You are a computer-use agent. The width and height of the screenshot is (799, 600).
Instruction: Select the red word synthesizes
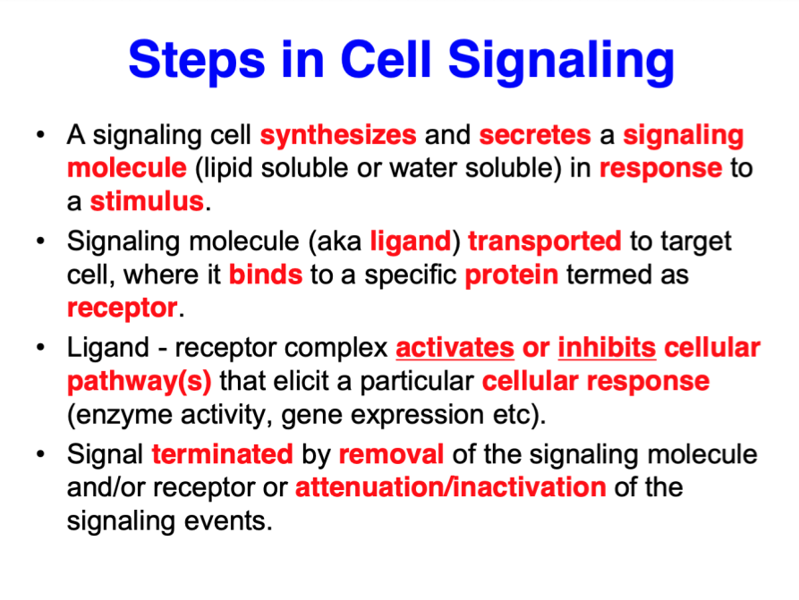tap(338, 136)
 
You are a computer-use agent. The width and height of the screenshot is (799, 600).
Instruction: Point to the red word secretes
tap(535, 136)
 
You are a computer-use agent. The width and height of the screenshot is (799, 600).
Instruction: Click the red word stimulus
tap(148, 201)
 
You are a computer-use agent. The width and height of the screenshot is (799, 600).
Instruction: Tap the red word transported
tap(544, 241)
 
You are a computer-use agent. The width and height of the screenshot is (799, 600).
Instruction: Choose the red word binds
tap(266, 275)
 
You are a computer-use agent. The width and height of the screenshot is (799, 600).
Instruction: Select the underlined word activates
tap(455, 347)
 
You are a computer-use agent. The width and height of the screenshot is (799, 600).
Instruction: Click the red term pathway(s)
tap(140, 382)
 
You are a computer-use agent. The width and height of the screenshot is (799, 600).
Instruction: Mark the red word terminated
tap(222, 454)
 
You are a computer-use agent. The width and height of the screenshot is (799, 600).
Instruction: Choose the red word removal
tap(391, 454)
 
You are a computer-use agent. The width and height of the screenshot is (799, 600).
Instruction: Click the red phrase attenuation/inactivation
tap(450, 487)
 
